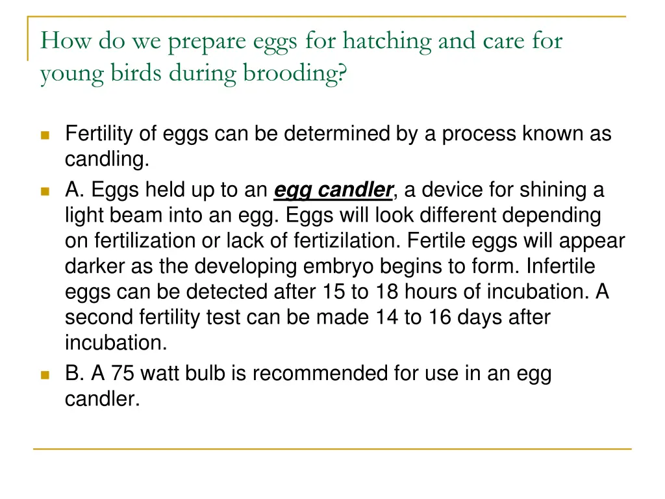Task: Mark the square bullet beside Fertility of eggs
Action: (45, 135)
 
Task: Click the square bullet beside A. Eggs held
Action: (45, 192)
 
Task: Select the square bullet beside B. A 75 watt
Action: (45, 375)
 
